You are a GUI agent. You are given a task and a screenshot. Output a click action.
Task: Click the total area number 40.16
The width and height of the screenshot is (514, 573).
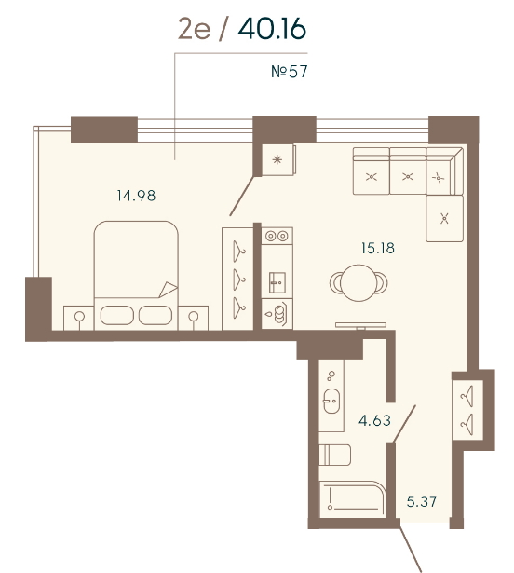coord(272,29)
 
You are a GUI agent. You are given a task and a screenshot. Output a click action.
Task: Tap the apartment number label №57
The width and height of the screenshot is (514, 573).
coord(290,71)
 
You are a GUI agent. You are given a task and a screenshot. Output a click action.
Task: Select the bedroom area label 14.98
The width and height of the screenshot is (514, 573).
coord(136,196)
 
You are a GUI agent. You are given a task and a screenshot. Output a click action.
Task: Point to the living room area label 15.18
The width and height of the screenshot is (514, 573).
coord(378,248)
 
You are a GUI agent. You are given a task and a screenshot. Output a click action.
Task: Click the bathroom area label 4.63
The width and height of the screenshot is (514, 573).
coord(375,420)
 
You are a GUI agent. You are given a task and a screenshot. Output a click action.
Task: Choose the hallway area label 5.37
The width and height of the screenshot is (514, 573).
coord(422,501)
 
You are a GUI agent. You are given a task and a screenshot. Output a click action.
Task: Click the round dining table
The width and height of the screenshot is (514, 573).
coord(358,283)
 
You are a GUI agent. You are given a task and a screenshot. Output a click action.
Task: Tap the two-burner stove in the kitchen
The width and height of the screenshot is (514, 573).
coord(277,236)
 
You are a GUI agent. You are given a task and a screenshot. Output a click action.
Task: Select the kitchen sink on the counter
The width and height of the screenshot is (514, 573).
coord(277,282)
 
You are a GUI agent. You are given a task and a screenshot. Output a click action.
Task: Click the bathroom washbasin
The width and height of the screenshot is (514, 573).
coord(331,401)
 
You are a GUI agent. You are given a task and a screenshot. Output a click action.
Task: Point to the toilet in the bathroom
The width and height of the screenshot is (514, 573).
coord(335,455)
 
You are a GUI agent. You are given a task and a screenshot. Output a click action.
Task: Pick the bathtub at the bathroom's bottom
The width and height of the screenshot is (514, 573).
coord(353,499)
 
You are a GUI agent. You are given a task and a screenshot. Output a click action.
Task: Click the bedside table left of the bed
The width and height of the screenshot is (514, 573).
coord(79,318)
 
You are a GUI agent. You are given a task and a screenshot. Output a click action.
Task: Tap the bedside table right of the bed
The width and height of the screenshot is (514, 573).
coord(193,318)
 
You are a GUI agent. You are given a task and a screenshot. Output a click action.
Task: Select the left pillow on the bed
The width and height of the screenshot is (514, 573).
coord(117,315)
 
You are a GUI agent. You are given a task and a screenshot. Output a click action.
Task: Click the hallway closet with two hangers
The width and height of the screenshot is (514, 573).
coord(468,410)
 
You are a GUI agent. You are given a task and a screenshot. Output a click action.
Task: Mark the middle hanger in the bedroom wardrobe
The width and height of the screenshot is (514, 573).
coord(239,280)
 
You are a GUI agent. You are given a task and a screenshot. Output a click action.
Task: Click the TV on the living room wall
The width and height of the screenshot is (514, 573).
coord(360,325)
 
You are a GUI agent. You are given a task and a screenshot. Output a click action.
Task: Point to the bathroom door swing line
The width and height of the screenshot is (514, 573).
coord(404,424)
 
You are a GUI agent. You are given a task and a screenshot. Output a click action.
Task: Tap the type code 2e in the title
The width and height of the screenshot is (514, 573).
coord(195,29)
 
